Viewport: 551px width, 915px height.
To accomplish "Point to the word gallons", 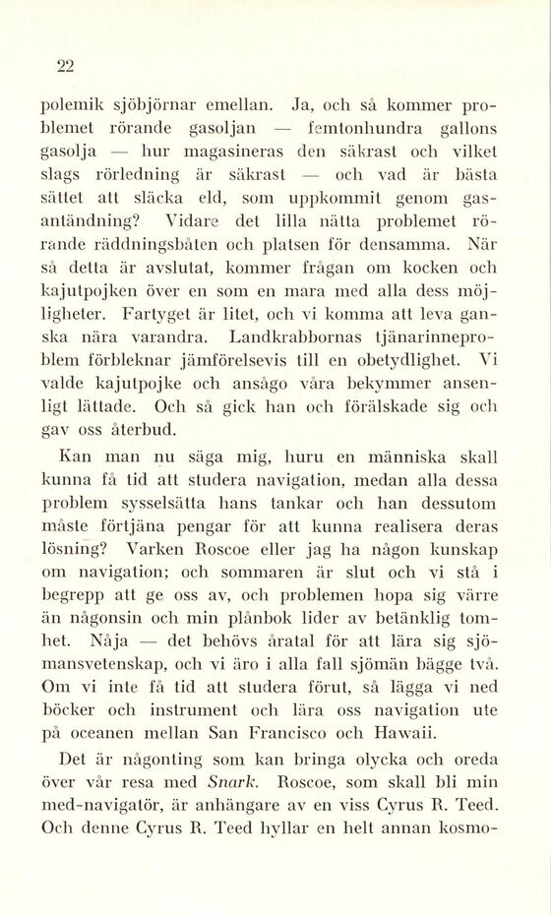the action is tap(460, 127).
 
